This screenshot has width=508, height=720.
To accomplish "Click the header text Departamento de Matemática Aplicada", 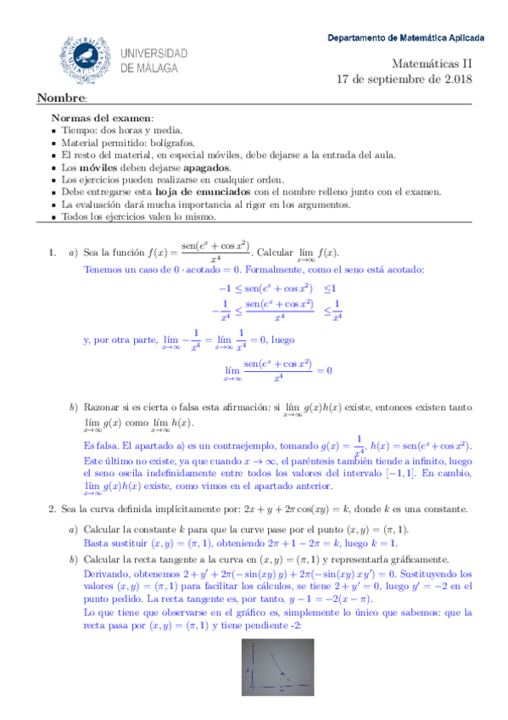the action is (x=406, y=38).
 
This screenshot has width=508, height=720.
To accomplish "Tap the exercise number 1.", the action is (x=53, y=252).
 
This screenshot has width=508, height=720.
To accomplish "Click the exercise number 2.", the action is (x=53, y=509).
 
